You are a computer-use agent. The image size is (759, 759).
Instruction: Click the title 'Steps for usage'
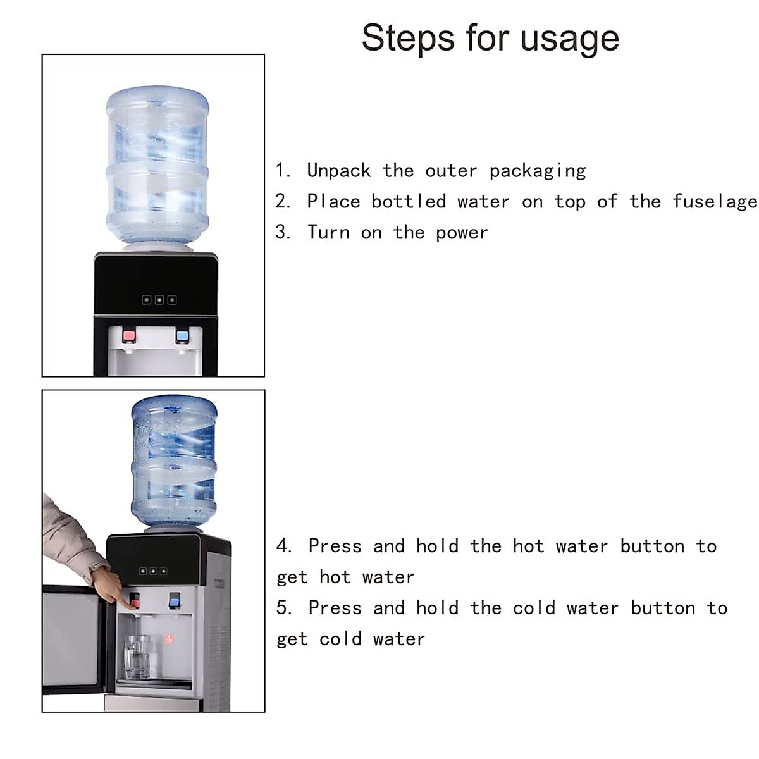[x=490, y=38]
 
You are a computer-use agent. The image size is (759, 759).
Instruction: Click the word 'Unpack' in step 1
[x=338, y=171]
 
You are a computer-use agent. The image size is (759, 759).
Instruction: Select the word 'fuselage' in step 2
[x=714, y=202]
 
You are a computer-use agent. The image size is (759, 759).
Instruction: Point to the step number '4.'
[x=284, y=546]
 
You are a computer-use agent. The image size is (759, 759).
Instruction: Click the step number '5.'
[x=284, y=608]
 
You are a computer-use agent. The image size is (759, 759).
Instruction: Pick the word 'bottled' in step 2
[x=409, y=202]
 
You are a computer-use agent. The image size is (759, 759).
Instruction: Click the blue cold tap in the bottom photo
[x=175, y=598]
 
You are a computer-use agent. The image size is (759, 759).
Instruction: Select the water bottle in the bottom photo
[x=174, y=462]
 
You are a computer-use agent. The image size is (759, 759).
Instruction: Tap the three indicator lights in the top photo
[x=159, y=299]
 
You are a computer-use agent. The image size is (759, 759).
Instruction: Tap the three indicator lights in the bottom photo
[x=153, y=571]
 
